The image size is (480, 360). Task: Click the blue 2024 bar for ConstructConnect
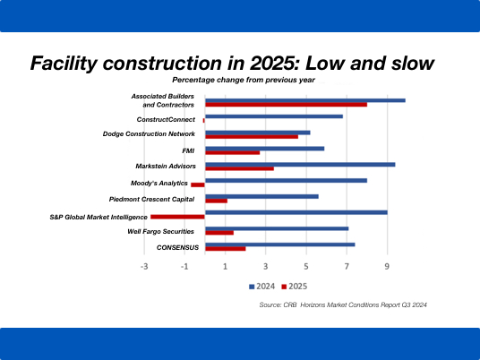[x=274, y=116]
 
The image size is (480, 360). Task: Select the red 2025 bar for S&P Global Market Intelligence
[x=177, y=217]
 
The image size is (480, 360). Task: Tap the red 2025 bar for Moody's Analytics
[x=198, y=184]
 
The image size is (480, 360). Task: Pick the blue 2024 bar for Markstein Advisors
[x=300, y=165]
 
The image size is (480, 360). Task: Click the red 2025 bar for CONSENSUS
[x=226, y=249]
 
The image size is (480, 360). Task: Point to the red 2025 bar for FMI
[x=232, y=152]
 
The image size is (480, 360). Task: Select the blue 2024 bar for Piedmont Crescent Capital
[x=261, y=196]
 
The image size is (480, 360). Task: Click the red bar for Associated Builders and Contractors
[x=287, y=105]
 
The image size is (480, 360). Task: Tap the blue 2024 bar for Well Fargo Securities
[x=277, y=228]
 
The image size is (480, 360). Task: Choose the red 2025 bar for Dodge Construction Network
[x=252, y=136]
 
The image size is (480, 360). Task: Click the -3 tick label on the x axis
[x=144, y=267]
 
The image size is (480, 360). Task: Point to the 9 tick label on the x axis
[x=387, y=266]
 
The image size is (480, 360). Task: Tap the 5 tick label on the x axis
[x=306, y=266]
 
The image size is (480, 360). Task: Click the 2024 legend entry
[x=262, y=287]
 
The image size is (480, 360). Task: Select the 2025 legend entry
[x=295, y=287]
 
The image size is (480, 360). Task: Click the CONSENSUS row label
[x=177, y=247]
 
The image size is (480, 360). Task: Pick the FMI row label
[x=188, y=151]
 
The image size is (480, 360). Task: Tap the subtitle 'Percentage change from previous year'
[x=244, y=80]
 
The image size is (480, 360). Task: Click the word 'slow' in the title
[x=413, y=63]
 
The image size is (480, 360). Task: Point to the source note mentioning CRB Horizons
[x=343, y=304]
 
